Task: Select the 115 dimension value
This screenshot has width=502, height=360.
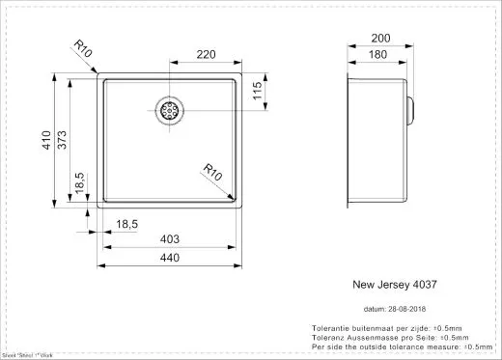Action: (257, 92)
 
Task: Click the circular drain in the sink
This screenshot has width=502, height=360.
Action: (170, 108)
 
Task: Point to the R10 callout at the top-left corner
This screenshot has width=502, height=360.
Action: (85, 48)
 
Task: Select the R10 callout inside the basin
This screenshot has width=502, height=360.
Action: (215, 171)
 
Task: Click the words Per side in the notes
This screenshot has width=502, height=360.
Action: (326, 346)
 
